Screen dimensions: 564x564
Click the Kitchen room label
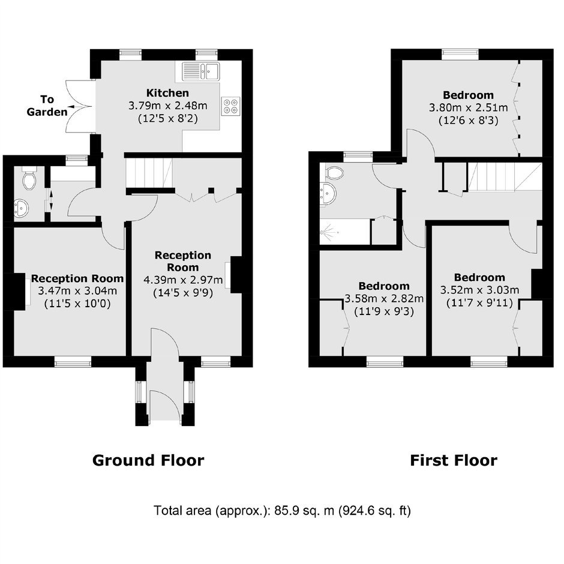(167, 93)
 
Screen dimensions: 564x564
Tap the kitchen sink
(201, 71)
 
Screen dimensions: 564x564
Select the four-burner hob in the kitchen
(230, 106)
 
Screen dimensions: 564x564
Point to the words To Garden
(47, 106)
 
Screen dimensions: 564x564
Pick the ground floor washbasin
(22, 208)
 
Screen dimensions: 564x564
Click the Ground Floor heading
(148, 460)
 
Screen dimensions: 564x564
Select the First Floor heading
(454, 460)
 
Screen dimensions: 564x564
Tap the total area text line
(282, 511)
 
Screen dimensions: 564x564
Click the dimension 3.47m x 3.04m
(77, 290)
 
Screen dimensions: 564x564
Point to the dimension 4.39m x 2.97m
(183, 280)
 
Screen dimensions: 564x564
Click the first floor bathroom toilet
(334, 173)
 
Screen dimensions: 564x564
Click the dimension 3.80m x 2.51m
(469, 107)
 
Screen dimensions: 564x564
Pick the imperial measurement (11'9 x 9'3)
(384, 311)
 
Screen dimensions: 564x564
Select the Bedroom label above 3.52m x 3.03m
(479, 277)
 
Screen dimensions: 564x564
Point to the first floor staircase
(505, 176)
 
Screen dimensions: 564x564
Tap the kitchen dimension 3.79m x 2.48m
(168, 106)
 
